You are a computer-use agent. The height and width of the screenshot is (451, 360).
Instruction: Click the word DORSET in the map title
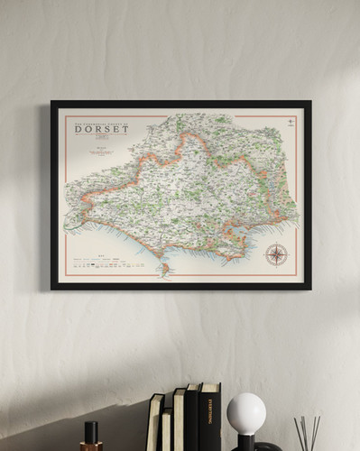coord(101,129)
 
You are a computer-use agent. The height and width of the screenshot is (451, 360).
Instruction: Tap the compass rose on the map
coord(276,254)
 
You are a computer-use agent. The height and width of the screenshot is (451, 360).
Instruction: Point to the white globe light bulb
coord(245,413)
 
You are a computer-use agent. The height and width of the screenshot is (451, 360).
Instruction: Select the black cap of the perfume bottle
coord(91,430)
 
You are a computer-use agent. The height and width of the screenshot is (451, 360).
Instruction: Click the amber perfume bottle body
coord(91,446)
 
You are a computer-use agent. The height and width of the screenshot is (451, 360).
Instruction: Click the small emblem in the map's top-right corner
coord(289,122)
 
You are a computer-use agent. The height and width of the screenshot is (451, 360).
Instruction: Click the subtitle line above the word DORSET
coord(101,121)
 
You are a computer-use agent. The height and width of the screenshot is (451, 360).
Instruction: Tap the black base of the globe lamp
coord(245,442)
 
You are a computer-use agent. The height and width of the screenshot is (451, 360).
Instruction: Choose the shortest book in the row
coord(167,430)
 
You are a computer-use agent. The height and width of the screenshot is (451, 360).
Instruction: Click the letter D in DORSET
coord(79,129)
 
